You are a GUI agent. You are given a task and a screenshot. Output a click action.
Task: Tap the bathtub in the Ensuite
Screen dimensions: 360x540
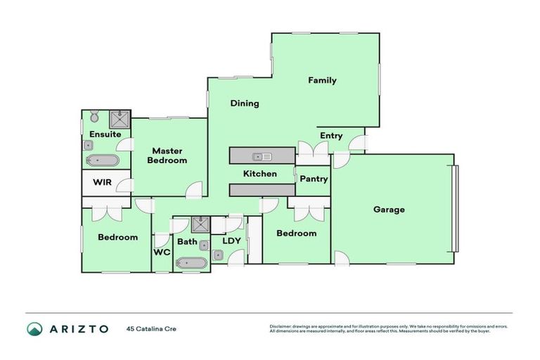pyautogui.click(x=103, y=161)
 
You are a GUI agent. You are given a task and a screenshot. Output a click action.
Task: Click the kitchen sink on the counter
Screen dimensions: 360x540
pyautogui.click(x=262, y=156)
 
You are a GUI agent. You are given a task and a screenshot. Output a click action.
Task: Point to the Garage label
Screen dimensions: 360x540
pyautogui.click(x=389, y=210)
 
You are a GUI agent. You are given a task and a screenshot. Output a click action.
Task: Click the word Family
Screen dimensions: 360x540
pyautogui.click(x=322, y=80)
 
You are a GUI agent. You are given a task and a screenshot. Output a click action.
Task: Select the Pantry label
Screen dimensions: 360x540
pyautogui.click(x=314, y=179)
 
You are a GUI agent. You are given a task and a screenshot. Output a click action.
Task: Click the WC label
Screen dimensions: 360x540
pyautogui.click(x=161, y=251)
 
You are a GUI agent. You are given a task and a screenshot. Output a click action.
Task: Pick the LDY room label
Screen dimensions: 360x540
pyautogui.click(x=232, y=240)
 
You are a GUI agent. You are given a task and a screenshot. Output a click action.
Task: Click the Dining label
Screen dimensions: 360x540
pyautogui.click(x=245, y=103)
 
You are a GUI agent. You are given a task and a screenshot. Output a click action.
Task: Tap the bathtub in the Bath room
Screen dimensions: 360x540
pyautogui.click(x=191, y=264)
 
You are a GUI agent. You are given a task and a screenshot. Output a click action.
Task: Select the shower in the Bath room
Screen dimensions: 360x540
pyautogui.click(x=200, y=225)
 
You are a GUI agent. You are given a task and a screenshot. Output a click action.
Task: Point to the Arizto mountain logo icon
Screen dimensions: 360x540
pyautogui.click(x=34, y=328)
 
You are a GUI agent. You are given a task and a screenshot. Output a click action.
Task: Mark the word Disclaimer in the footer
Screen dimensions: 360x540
pyautogui.click(x=280, y=326)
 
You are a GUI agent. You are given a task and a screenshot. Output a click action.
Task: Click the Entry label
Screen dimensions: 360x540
pyautogui.click(x=330, y=136)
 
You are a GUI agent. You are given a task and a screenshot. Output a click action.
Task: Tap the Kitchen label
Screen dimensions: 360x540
pyautogui.click(x=259, y=174)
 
